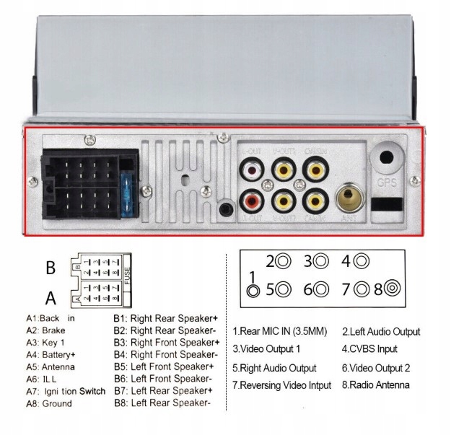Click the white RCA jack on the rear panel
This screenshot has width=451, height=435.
click(x=252, y=171)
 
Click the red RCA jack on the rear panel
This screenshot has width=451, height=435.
click(x=252, y=197)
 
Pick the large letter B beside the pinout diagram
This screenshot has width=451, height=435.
click(x=51, y=268)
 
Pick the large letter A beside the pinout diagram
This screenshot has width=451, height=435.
click(x=51, y=298)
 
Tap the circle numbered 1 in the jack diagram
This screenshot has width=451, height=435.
click(x=253, y=291)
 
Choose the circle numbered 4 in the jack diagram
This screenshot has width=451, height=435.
click(x=362, y=261)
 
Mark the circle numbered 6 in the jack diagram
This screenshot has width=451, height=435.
click(x=323, y=290)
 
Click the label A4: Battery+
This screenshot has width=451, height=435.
click(x=51, y=355)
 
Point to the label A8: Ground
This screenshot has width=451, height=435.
click(x=49, y=404)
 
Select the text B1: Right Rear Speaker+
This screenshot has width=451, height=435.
click(x=165, y=318)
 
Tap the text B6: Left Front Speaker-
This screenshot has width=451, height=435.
click(x=162, y=378)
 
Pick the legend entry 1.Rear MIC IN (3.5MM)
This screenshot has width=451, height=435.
click(x=280, y=332)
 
